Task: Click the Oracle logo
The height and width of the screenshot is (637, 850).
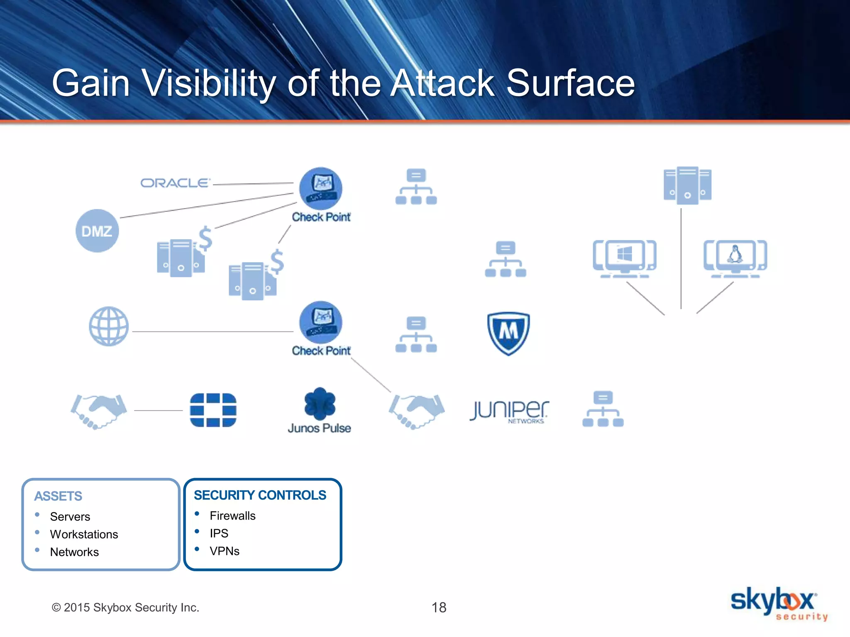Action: [175, 183]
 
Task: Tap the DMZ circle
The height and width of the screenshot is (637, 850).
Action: [97, 231]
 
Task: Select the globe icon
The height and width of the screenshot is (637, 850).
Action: [109, 326]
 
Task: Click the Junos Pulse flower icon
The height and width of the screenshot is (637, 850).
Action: [320, 404]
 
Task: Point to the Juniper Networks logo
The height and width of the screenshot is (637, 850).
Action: [509, 411]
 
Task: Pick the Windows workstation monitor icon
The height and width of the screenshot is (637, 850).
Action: [625, 258]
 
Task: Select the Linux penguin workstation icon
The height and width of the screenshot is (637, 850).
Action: [735, 258]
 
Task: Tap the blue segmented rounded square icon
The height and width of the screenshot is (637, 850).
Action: [213, 410]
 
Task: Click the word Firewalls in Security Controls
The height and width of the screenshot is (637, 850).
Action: [232, 515]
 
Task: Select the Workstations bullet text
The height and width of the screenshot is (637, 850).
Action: [84, 534]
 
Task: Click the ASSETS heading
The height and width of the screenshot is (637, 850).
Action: [58, 496]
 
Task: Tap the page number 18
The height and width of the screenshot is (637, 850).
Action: [439, 608]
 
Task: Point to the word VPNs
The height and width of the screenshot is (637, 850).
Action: [225, 551]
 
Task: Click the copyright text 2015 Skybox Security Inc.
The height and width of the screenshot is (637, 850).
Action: [125, 608]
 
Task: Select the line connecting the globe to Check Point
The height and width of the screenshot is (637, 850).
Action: [212, 332]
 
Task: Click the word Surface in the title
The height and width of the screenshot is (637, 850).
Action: [571, 83]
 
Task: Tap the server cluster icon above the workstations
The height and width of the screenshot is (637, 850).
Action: [687, 185]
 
